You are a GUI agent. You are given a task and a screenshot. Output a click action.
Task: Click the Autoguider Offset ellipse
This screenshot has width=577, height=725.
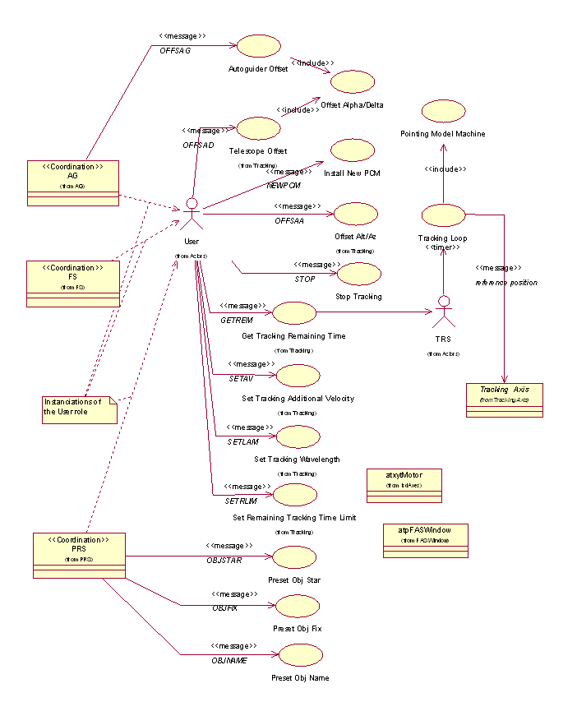point(258,47)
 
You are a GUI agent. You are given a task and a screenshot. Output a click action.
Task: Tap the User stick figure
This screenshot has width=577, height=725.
point(192,214)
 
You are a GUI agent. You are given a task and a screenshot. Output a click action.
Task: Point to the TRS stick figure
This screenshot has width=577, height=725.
point(444,313)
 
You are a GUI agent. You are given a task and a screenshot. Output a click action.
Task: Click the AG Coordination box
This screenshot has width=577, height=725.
point(73,182)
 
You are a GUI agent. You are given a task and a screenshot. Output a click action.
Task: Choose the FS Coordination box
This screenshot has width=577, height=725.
point(73,284)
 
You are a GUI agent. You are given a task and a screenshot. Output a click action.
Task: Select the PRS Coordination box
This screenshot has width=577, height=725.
point(78,555)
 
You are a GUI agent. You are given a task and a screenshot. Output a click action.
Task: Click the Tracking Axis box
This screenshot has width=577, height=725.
point(505,400)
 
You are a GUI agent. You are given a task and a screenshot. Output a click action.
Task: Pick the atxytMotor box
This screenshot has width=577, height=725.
point(403,485)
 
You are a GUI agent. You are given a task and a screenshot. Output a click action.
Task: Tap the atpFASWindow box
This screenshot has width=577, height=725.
point(425,540)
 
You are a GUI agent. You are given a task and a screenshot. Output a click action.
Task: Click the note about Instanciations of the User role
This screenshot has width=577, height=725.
point(79,409)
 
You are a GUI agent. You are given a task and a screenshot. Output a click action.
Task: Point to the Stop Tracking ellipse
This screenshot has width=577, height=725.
point(359,274)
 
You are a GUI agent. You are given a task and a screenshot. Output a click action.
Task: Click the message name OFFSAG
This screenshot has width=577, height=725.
point(175,50)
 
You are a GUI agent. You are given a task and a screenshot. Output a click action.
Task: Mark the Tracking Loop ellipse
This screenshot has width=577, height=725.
point(443,216)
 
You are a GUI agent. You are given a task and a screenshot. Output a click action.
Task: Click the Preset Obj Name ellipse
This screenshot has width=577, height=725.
point(300,655)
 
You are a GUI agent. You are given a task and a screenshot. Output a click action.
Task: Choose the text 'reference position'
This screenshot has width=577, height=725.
point(506,282)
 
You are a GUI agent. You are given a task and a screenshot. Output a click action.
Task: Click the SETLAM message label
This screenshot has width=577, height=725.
point(242,441)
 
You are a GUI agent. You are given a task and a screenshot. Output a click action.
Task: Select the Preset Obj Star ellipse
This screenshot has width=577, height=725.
point(293,559)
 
